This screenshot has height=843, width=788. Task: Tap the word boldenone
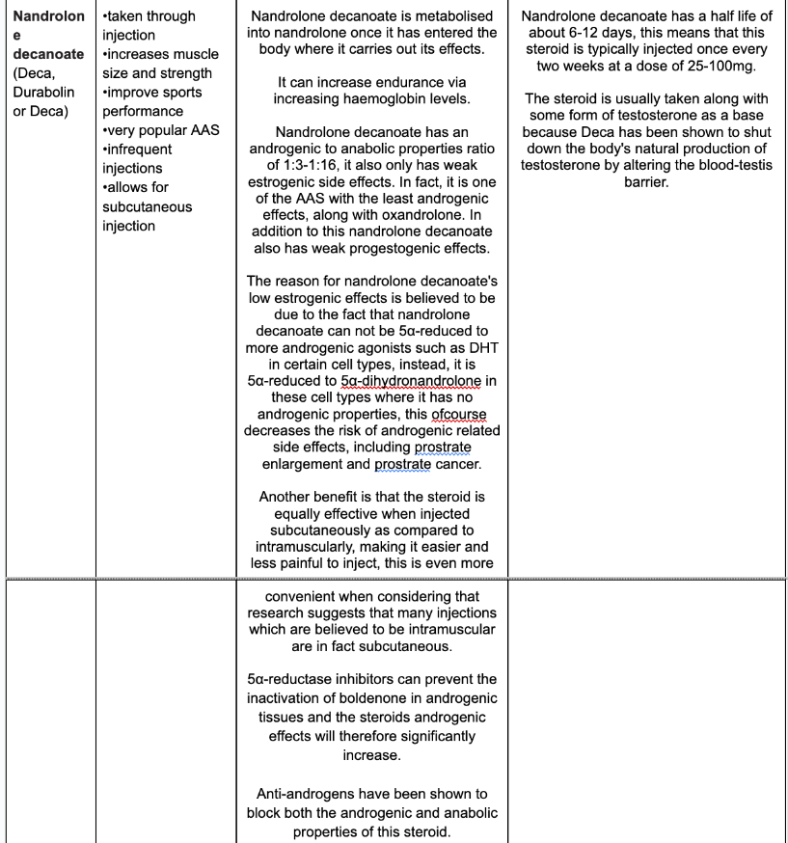click(361, 698)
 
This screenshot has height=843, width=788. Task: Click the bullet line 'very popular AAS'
click(161, 130)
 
